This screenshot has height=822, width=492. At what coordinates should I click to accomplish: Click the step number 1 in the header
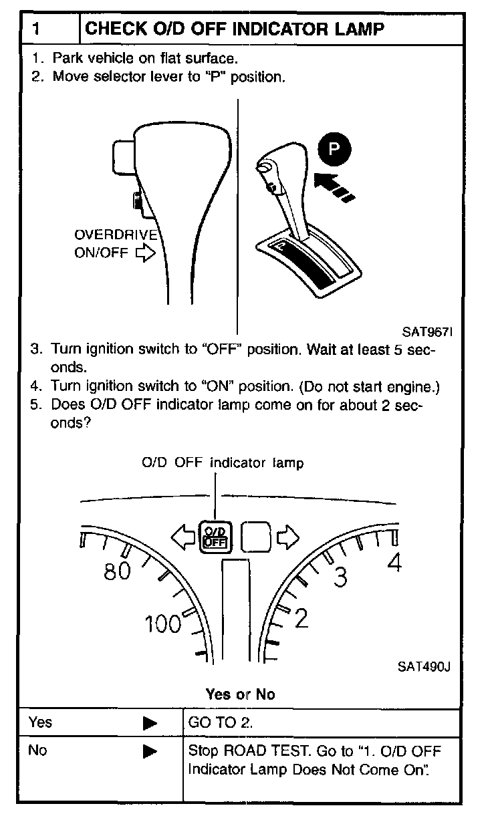pyautogui.click(x=39, y=29)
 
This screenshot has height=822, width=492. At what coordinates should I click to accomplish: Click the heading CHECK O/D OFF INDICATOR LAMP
pyautogui.click(x=235, y=29)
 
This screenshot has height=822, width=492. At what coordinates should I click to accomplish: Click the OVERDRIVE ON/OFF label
pyautogui.click(x=115, y=244)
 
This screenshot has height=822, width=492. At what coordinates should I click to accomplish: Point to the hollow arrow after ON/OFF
pyautogui.click(x=144, y=254)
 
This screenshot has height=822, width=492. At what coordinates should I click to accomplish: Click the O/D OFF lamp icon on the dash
pyautogui.click(x=215, y=535)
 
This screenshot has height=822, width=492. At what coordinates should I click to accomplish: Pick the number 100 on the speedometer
pyautogui.click(x=163, y=624)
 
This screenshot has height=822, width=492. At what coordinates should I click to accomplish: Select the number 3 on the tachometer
pyautogui.click(x=341, y=577)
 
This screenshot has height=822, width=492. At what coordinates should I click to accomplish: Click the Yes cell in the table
pyautogui.click(x=40, y=722)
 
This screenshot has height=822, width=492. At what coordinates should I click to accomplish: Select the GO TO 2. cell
pyautogui.click(x=211, y=722)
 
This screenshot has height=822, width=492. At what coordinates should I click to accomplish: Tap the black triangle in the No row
pyautogui.click(x=150, y=751)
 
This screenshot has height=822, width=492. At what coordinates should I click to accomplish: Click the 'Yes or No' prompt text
pyautogui.click(x=241, y=694)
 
